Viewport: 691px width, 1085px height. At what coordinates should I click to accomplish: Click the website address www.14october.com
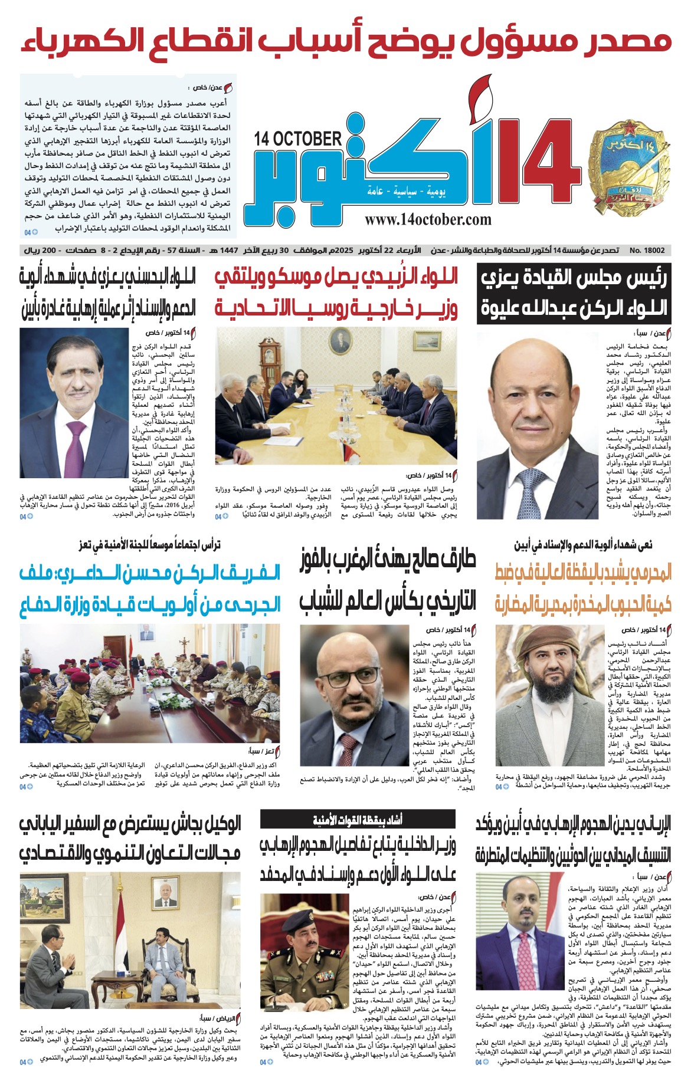click(x=428, y=220)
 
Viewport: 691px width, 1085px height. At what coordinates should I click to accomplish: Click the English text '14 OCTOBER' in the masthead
click(x=298, y=139)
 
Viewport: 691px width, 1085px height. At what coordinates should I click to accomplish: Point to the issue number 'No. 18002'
click(x=647, y=251)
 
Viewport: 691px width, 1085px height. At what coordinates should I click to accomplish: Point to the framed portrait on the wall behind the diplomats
click(x=164, y=898)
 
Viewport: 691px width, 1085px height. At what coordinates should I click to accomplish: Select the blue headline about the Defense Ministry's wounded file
click(x=150, y=588)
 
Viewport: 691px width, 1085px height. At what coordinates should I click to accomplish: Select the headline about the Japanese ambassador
click(x=130, y=839)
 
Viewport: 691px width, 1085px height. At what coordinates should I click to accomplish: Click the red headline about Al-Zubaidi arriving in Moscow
click(x=336, y=292)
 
